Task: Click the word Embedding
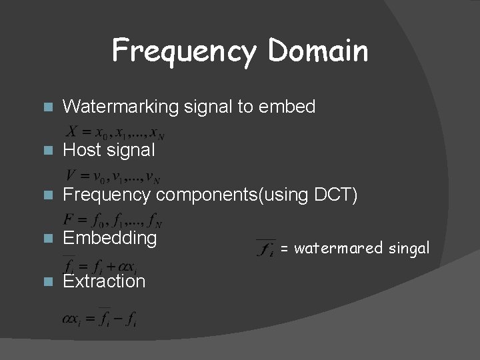pos(110,238)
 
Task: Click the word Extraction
pos(104,281)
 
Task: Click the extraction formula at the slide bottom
pos(100,315)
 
